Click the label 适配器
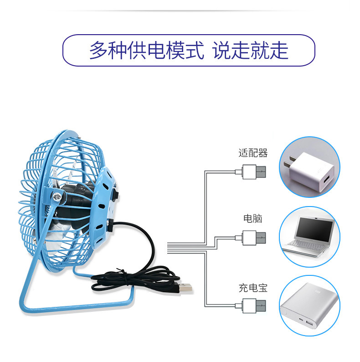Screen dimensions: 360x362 point(253,153)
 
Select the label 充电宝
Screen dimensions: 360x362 point(253,288)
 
